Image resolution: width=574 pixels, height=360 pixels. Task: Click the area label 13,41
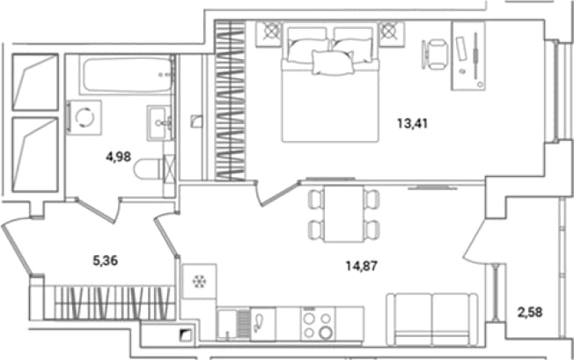(412, 123)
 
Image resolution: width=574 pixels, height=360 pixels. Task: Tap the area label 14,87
(361, 266)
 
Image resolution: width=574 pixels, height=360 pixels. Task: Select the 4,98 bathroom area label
(118, 157)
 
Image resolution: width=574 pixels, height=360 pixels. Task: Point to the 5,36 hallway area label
(106, 261)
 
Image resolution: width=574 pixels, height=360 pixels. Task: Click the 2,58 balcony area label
(530, 312)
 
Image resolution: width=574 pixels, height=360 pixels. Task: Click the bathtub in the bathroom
(127, 75)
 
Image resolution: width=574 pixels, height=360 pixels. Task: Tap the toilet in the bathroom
(148, 169)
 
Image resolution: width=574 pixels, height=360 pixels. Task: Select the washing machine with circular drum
(85, 117)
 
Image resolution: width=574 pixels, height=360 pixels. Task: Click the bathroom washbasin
(159, 122)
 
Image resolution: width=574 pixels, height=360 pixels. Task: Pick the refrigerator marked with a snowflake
(200, 282)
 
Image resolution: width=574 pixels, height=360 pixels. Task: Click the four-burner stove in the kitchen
(318, 324)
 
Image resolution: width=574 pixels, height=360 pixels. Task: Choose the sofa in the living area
(432, 319)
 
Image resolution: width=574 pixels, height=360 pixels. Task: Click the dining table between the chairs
(344, 214)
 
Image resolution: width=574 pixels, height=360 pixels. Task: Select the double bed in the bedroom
(330, 82)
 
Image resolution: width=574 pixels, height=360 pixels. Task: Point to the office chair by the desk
(437, 55)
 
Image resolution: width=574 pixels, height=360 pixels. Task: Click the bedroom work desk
(468, 55)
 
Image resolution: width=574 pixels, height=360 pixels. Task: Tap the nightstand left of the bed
(269, 34)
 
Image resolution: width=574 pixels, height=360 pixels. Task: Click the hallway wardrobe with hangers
(110, 302)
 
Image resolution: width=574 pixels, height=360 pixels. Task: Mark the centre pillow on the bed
(333, 62)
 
